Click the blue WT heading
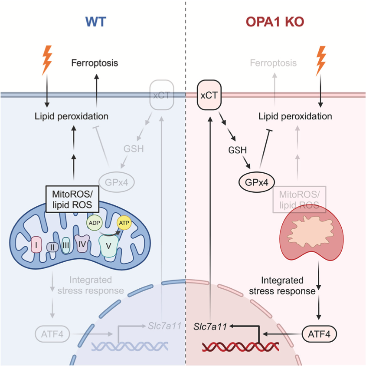(x=95, y=22)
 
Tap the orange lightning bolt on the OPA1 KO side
(x=321, y=61)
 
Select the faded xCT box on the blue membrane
(x=161, y=95)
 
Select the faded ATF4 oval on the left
(x=50, y=334)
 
